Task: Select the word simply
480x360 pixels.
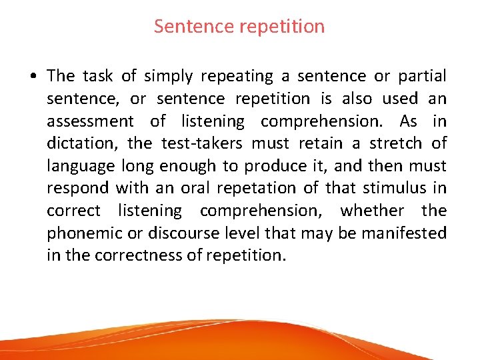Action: click(x=171, y=77)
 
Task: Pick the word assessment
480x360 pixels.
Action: click(x=90, y=121)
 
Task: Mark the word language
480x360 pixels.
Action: click(x=80, y=166)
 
